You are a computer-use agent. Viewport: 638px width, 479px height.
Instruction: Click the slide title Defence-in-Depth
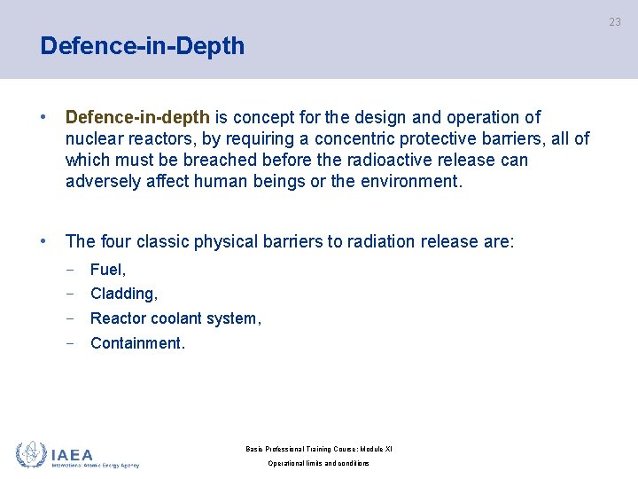[142, 46]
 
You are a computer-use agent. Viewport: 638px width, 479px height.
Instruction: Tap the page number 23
[614, 22]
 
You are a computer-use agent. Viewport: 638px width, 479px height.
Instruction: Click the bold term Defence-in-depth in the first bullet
[137, 117]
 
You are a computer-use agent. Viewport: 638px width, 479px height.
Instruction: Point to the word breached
[229, 160]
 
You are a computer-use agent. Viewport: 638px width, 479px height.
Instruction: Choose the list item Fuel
[108, 269]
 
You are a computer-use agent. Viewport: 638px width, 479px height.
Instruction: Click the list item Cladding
[124, 294]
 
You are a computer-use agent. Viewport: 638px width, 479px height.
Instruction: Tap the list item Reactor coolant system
[175, 318]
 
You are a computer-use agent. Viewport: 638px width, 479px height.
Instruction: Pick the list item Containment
[137, 343]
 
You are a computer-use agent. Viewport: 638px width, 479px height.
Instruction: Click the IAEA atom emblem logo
[31, 454]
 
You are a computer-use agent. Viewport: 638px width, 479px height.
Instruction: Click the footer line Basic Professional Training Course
[318, 449]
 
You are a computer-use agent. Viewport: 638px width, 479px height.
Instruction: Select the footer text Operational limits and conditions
[318, 463]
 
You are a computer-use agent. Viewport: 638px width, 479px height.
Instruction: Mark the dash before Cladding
[69, 294]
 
